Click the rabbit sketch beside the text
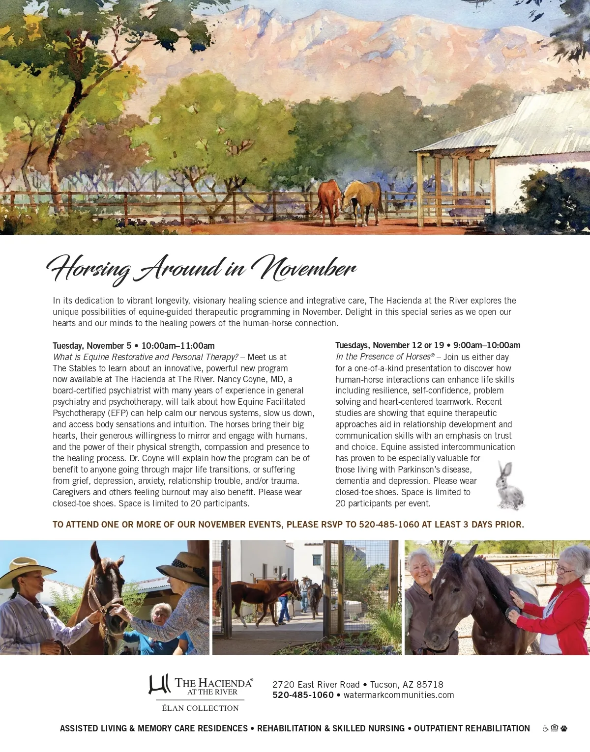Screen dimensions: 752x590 pos(509,485)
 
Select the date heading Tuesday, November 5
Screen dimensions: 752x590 pos(90,346)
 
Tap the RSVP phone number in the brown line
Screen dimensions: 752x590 pos(389,525)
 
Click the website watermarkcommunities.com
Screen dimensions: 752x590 pos(399,695)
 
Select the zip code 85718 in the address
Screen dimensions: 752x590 pos(430,684)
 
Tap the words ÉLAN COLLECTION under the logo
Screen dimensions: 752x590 pos(200,708)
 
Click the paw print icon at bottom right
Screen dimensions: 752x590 pos(563,728)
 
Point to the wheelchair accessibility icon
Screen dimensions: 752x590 pos(545,728)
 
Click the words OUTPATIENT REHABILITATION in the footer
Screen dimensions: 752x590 pos(472,728)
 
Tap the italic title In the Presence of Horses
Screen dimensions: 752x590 pos(383,357)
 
